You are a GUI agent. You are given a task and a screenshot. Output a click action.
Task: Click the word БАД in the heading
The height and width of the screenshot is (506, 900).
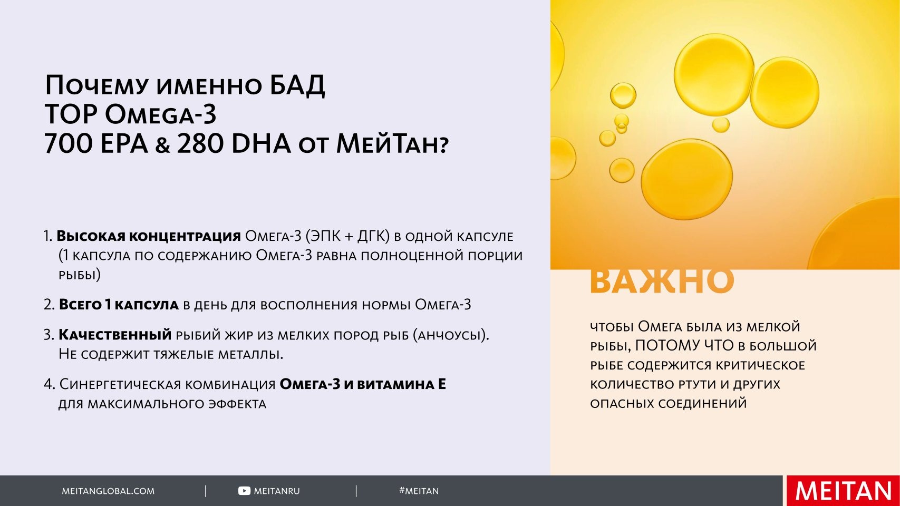[297, 85]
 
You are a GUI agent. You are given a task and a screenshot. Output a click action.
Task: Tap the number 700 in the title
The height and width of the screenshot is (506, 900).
[69, 143]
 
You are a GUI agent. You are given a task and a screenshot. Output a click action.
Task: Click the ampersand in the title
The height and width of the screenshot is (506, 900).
[162, 145]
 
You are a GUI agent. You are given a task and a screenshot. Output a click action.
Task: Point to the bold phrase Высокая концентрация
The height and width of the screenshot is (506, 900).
[149, 236]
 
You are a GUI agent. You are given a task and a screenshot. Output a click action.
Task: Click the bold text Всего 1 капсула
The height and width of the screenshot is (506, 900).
[119, 305]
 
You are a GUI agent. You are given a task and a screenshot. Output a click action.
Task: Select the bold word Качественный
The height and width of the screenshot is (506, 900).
[115, 335]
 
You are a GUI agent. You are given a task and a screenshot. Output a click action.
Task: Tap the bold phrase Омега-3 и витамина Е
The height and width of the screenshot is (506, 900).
[363, 384]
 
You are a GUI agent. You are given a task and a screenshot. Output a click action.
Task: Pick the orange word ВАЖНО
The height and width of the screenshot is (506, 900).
[662, 281]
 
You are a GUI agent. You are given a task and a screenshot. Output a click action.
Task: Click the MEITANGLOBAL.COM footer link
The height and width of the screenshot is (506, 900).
[108, 491]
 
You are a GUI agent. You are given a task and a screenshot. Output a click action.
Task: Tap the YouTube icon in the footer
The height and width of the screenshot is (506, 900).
[244, 491]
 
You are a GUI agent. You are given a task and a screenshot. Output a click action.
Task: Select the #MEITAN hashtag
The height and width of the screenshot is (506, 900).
[419, 491]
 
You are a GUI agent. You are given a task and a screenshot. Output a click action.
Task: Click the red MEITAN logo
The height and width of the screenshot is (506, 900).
[844, 491]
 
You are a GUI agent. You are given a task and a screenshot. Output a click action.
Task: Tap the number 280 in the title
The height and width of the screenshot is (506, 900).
[200, 143]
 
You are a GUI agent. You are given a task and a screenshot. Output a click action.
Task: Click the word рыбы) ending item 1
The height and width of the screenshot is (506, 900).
[80, 275]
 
